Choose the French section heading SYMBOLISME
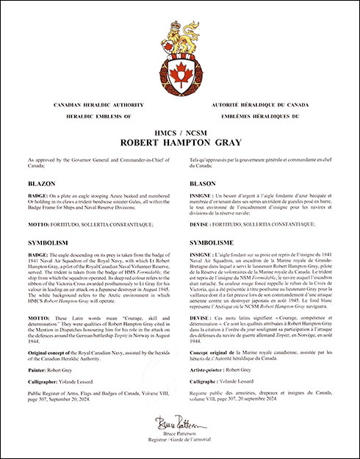(x=211, y=240)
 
